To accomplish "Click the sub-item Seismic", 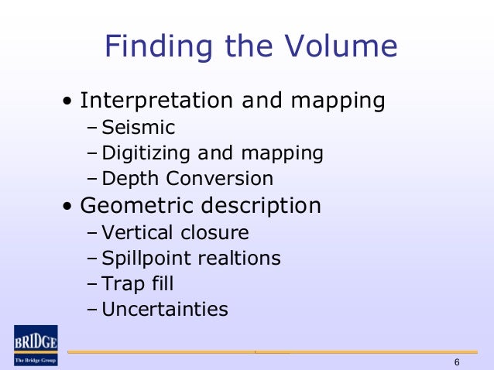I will (x=139, y=127).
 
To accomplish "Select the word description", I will (x=261, y=206).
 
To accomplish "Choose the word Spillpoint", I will (x=146, y=259).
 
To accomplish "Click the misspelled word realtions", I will (x=238, y=259).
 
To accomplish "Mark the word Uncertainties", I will (x=165, y=310).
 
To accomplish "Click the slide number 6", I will (x=457, y=363).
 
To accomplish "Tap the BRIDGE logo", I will (x=36, y=344).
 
